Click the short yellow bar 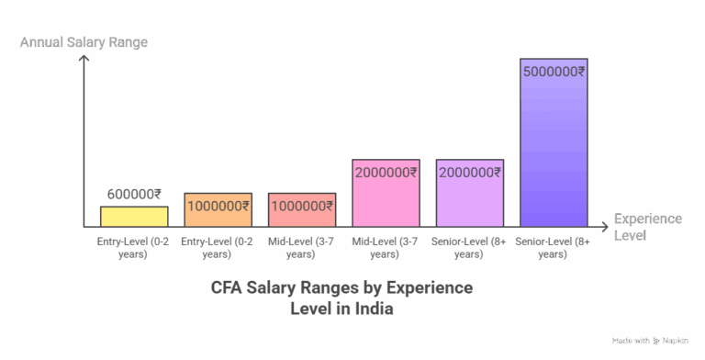click(x=134, y=217)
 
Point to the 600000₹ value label click(x=134, y=194)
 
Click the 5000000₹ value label click(x=554, y=71)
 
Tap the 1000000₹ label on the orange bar click(x=218, y=206)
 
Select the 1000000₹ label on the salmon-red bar click(x=301, y=206)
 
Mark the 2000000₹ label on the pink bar click(x=386, y=172)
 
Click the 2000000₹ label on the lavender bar click(x=469, y=172)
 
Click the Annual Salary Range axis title click(x=84, y=42)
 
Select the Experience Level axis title click(x=647, y=227)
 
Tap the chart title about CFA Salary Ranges click(x=341, y=298)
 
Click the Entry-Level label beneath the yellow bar click(x=134, y=246)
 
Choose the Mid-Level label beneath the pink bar click(x=386, y=246)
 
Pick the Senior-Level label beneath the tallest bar click(x=554, y=246)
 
